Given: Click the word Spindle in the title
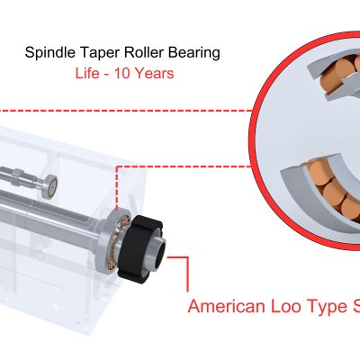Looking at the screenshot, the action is coord(50,53).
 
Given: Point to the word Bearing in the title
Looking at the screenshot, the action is coord(194,53).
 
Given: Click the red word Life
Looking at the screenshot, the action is coord(86,73).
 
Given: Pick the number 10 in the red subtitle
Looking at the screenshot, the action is coord(122,74).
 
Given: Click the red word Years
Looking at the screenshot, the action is coord(154,74).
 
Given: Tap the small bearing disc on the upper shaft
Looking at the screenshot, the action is coord(49,187).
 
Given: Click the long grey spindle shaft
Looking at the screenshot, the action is coord(54,215).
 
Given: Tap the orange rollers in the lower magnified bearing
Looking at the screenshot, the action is coord(333,189).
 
